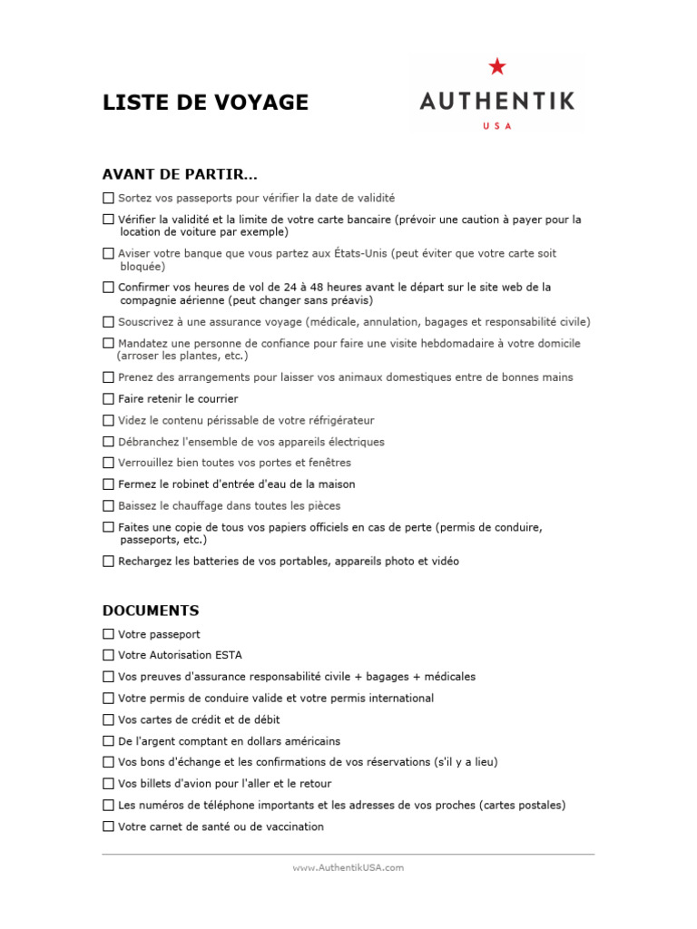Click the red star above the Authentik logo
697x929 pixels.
tap(496, 66)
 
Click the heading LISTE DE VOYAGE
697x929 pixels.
tap(205, 103)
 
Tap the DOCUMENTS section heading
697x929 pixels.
tap(151, 611)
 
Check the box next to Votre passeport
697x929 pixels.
tap(109, 634)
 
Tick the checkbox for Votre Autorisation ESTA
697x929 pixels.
tap(109, 655)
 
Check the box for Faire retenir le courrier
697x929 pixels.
tap(109, 399)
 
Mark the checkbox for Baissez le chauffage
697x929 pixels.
tap(109, 506)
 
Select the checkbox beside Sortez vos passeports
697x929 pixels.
tap(109, 198)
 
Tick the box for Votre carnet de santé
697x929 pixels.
tap(109, 826)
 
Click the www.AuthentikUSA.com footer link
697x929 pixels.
tap(348, 867)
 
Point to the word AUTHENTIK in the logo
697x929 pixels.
tap(496, 100)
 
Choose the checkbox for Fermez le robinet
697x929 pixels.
tap(109, 484)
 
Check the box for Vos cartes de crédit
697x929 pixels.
tap(109, 719)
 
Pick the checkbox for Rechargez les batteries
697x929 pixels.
tap(109, 562)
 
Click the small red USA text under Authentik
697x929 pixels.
tap(496, 126)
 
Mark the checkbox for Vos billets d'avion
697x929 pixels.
tap(109, 784)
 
